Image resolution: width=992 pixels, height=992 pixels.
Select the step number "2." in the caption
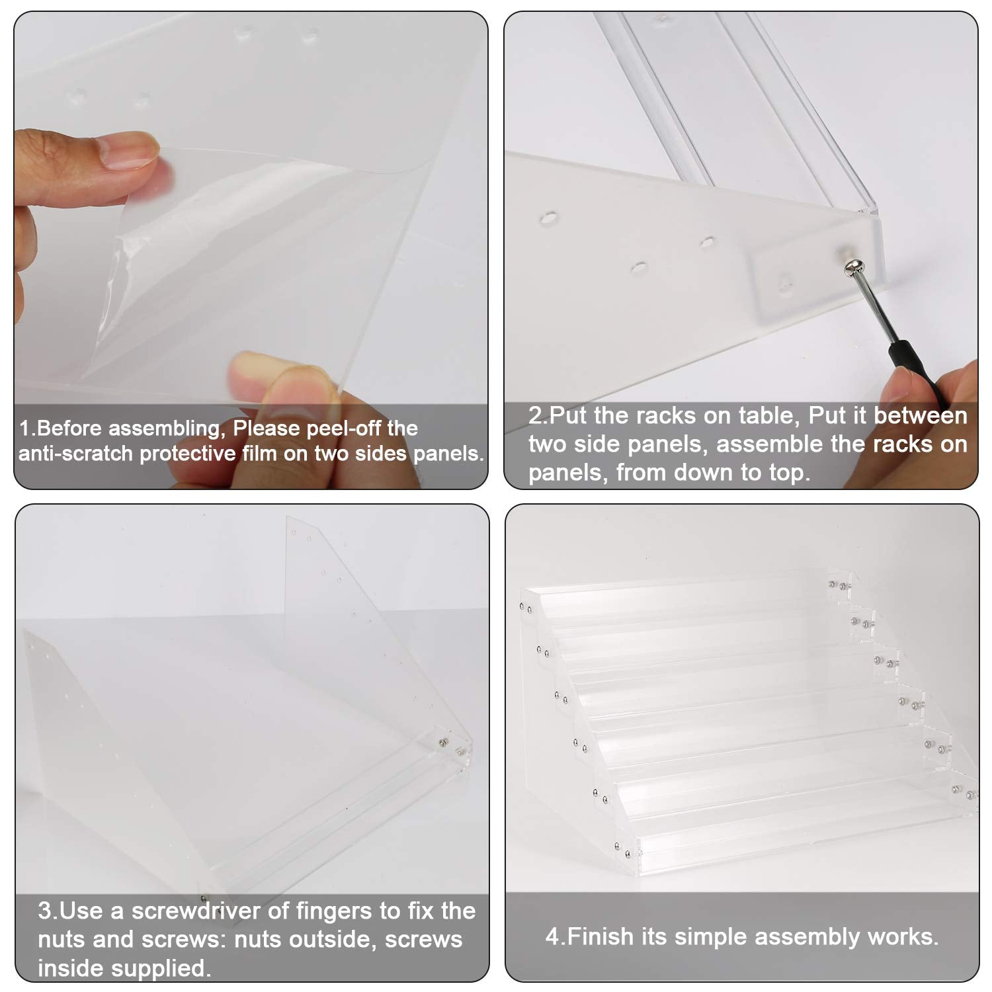(x=538, y=415)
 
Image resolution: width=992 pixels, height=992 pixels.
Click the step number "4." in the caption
(x=555, y=936)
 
